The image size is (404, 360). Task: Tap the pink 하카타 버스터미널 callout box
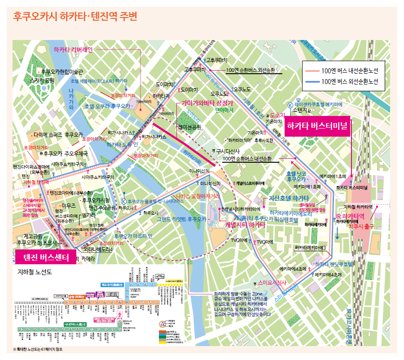pyautogui.click(x=317, y=126)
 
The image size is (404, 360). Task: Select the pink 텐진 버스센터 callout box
pyautogui.click(x=42, y=257)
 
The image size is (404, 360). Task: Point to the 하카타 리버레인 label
pyautogui.click(x=73, y=49)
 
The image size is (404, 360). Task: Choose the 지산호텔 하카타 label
pyautogui.click(x=289, y=198)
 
